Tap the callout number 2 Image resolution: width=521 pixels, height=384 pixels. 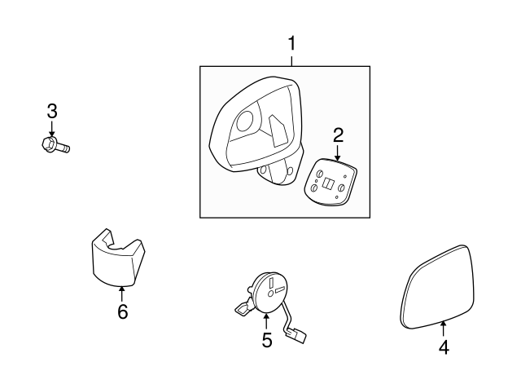(338, 135)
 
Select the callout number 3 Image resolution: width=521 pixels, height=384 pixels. (52, 111)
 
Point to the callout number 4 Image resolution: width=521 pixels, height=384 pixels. (444, 346)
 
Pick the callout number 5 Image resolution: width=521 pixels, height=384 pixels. (266, 340)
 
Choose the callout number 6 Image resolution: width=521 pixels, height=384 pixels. (122, 311)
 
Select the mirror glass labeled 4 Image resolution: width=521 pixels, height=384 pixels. (438, 285)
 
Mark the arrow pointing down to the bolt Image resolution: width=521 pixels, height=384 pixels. (52, 128)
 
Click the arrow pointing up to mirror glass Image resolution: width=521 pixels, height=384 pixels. (444, 328)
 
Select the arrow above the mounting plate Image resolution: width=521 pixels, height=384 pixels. (338, 151)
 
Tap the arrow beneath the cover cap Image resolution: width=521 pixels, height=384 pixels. (122, 293)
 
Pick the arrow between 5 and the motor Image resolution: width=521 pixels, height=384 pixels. (266, 320)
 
